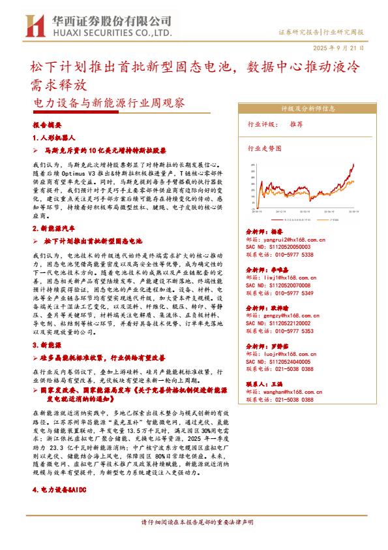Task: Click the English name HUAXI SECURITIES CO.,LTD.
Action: point(107,32)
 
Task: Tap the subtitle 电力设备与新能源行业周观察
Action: point(109,103)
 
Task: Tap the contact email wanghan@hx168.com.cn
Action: point(293,391)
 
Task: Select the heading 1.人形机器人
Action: point(55,138)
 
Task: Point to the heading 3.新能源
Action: point(48,344)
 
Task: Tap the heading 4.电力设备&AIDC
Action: point(64,488)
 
